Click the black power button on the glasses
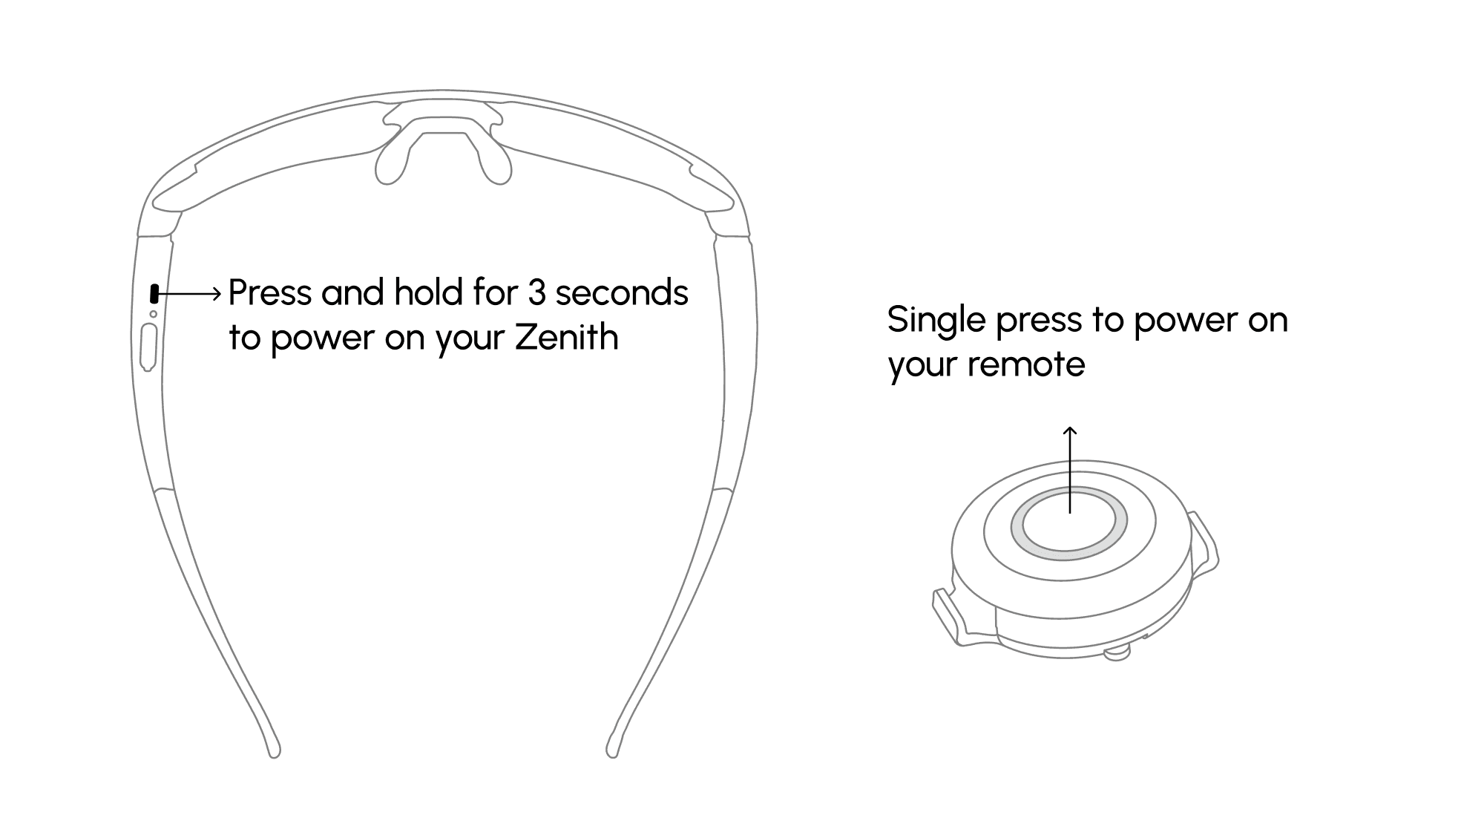tap(154, 293)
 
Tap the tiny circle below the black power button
tap(154, 314)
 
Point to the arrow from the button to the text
tap(190, 294)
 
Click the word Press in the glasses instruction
tap(270, 293)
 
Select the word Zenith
tap(566, 338)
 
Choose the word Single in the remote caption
tap(936, 321)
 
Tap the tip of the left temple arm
tap(274, 750)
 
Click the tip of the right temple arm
tap(612, 750)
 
